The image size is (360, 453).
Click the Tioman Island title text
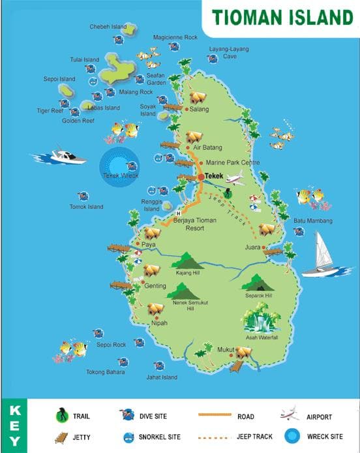tap(282, 16)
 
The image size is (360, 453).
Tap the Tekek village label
tap(213, 176)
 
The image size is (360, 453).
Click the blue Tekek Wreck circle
tap(119, 163)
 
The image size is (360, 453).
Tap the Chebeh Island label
tap(108, 27)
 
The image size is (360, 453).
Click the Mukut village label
tap(225, 350)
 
